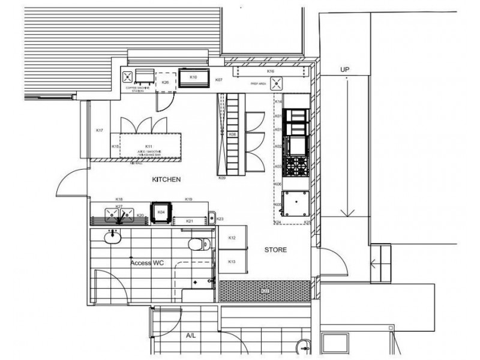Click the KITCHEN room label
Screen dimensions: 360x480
pyautogui.click(x=166, y=179)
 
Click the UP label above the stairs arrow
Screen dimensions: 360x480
pyautogui.click(x=345, y=70)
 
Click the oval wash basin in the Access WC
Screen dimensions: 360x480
pyautogui.click(x=112, y=238)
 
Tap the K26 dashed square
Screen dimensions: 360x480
pyautogui.click(x=165, y=83)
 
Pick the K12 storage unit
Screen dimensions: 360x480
pyautogui.click(x=233, y=238)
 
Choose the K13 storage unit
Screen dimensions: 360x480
pyautogui.click(x=233, y=262)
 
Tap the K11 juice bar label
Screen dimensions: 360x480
pyautogui.click(x=148, y=146)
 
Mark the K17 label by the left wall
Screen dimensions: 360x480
pyautogui.click(x=100, y=131)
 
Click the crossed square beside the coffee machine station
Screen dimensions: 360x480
pyautogui.click(x=127, y=77)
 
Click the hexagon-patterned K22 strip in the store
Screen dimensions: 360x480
pyautogui.click(x=265, y=291)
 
